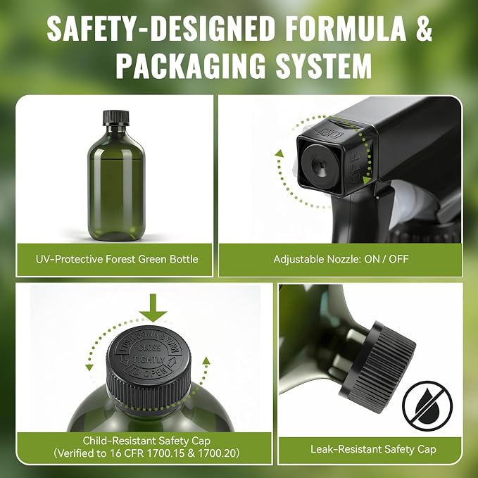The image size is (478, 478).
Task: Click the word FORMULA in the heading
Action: coord(346,28)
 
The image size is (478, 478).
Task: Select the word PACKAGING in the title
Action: coord(191,66)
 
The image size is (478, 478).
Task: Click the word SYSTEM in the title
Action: coord(324,66)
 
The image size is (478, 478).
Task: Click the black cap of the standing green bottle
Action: coord(116,118)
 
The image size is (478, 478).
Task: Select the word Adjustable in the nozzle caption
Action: coord(298,260)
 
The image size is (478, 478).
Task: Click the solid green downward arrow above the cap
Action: coord(153,308)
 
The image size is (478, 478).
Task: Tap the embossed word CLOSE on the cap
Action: coord(149,348)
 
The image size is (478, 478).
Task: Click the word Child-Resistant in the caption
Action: coord(122,441)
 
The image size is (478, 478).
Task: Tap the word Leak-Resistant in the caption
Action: coord(346,449)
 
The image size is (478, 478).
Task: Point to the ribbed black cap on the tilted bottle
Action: coord(377,367)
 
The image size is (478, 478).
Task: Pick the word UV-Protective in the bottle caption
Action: coord(69,259)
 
